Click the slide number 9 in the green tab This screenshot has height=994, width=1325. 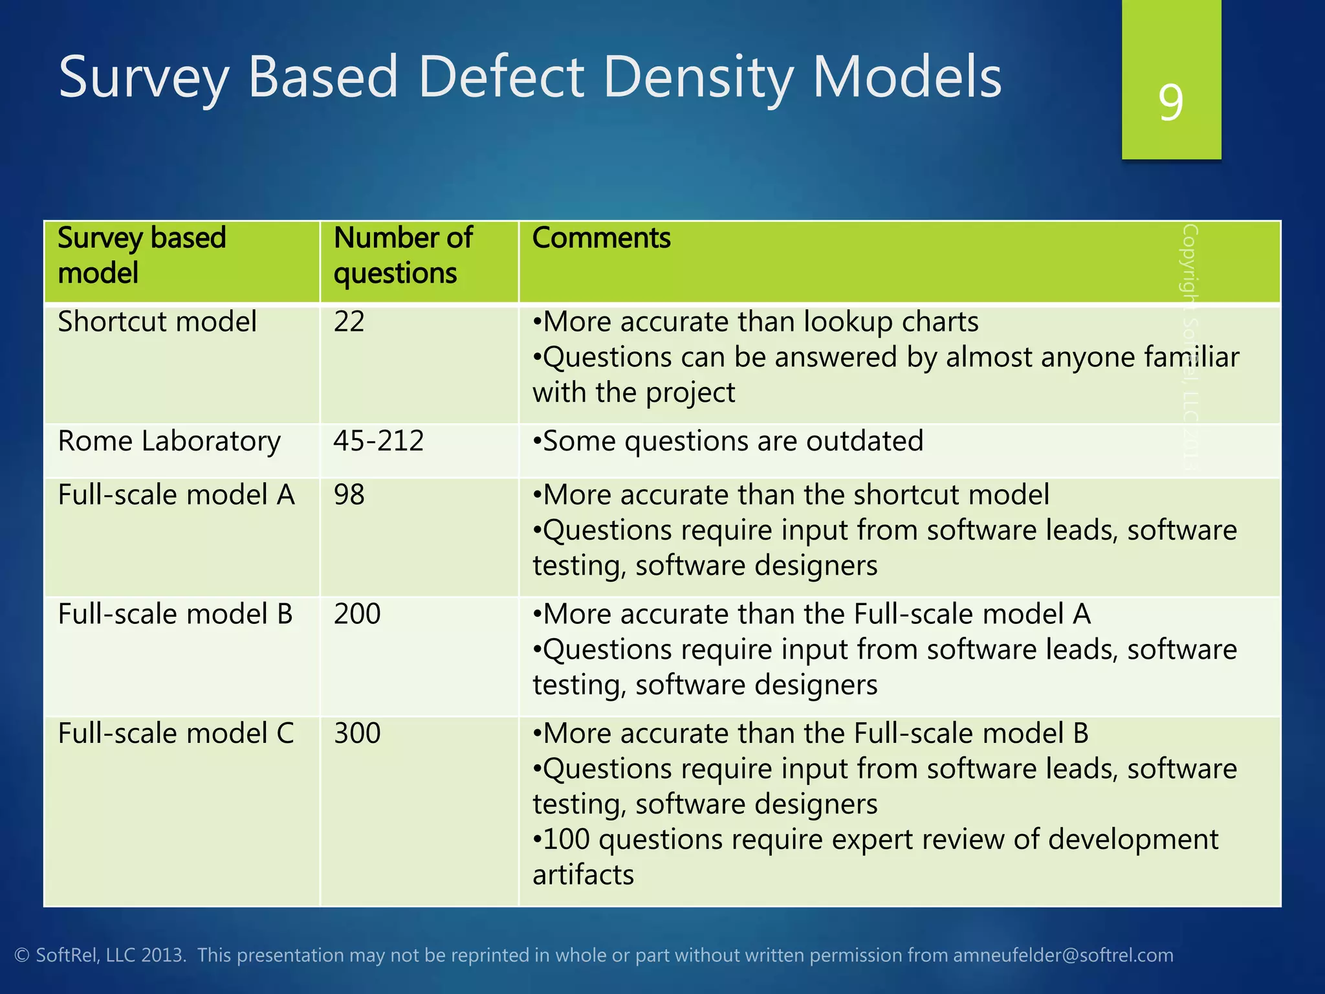pos(1171,102)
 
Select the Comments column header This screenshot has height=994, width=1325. pos(601,238)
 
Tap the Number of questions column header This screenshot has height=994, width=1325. pos(402,255)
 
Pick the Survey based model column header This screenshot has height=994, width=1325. pos(141,255)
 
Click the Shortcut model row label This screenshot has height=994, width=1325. pos(157,322)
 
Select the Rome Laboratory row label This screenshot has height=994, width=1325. pos(169,441)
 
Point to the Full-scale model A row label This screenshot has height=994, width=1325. pos(176,495)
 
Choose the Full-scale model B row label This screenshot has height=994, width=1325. pos(175,614)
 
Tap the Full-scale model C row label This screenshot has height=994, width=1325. pos(175,734)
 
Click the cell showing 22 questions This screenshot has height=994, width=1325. pos(349,322)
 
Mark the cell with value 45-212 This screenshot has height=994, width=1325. pos(378,441)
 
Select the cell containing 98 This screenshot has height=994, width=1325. pos(349,495)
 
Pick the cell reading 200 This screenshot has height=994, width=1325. pos(356,614)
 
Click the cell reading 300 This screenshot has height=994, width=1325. pos(356,734)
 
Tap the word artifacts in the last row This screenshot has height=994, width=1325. pos(583,875)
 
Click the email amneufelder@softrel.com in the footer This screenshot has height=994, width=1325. pos(1063,955)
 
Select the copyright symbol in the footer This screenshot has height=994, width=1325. pos(22,956)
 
